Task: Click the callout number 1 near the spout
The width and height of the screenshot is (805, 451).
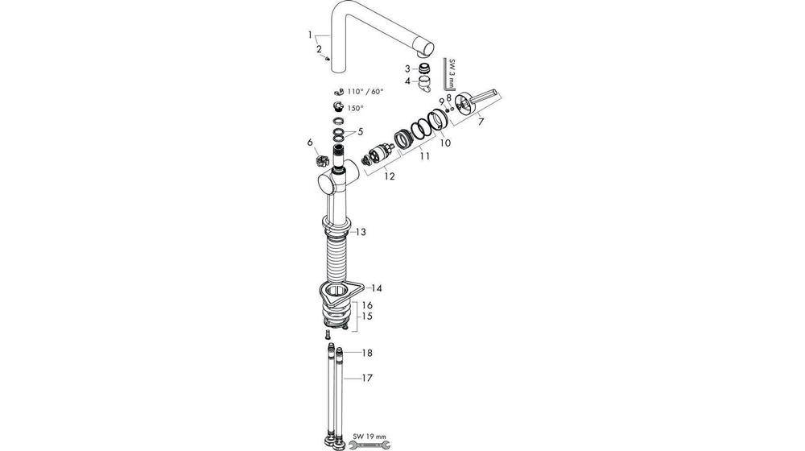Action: [310, 35]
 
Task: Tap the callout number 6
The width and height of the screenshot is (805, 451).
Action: [309, 143]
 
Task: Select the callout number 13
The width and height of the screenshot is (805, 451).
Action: [361, 232]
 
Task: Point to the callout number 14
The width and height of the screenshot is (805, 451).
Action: [376, 288]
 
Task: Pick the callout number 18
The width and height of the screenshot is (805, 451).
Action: [367, 353]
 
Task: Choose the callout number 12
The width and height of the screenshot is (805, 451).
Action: [390, 176]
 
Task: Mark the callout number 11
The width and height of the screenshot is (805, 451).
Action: [424, 156]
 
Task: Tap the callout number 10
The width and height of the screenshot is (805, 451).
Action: [444, 143]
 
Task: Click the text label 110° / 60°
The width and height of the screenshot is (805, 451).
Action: [365, 92]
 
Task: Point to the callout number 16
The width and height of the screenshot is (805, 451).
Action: [367, 306]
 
